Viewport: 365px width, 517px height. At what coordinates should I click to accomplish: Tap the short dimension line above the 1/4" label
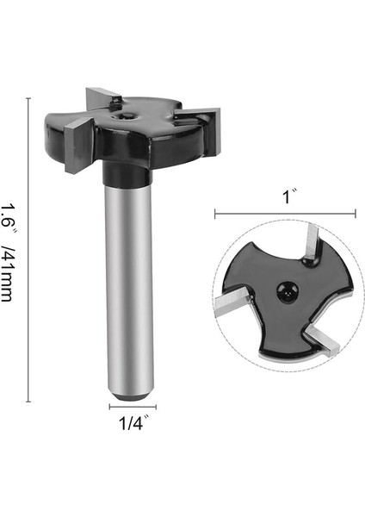pos(133,407)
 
